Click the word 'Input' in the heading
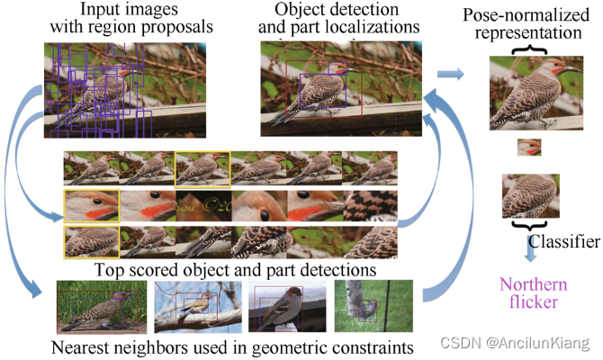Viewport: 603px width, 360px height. pyautogui.click(x=101, y=10)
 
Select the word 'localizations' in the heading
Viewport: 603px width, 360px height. pyautogui.click(x=370, y=27)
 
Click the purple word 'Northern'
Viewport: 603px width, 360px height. pyautogui.click(x=526, y=281)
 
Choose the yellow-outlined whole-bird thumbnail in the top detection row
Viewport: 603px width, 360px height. pyautogui.click(x=202, y=168)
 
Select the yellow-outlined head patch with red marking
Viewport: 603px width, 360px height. pyautogui.click(x=91, y=205)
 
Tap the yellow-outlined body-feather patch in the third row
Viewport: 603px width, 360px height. pyautogui.click(x=91, y=243)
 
